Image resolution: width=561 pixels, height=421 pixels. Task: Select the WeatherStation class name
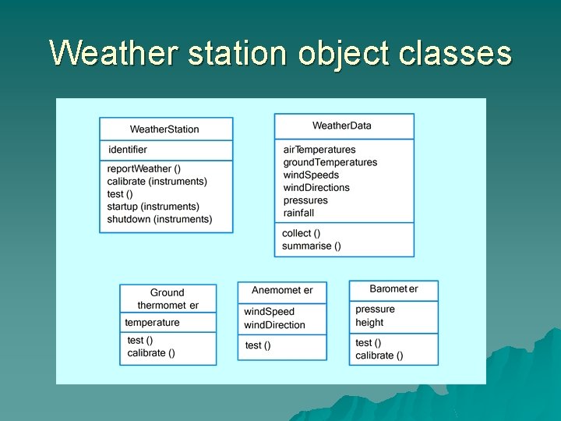click(164, 129)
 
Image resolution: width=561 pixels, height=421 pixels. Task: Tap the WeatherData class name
click(342, 126)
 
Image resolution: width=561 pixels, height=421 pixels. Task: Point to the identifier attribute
click(128, 150)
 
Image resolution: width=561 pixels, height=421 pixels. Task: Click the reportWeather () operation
click(144, 168)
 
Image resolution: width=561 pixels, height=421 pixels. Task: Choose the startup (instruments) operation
click(153, 207)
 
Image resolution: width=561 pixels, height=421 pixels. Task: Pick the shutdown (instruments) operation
click(160, 219)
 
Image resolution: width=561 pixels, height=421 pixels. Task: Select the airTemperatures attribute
click(319, 150)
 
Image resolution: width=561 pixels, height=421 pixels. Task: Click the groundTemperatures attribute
click(330, 162)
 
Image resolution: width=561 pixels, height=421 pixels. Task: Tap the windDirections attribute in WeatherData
click(316, 187)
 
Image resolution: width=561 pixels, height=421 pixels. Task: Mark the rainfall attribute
click(299, 213)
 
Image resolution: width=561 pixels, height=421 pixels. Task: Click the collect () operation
click(302, 233)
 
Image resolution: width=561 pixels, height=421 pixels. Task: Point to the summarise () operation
click(312, 246)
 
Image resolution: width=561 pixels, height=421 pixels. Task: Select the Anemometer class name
click(282, 290)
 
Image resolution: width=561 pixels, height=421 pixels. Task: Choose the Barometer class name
click(393, 288)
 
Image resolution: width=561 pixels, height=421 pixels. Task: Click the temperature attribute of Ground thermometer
click(153, 323)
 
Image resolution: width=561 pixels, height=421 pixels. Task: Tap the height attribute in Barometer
click(369, 323)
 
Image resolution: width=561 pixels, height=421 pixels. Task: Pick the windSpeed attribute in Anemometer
click(270, 312)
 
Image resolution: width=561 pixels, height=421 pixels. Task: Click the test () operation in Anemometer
click(258, 345)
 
